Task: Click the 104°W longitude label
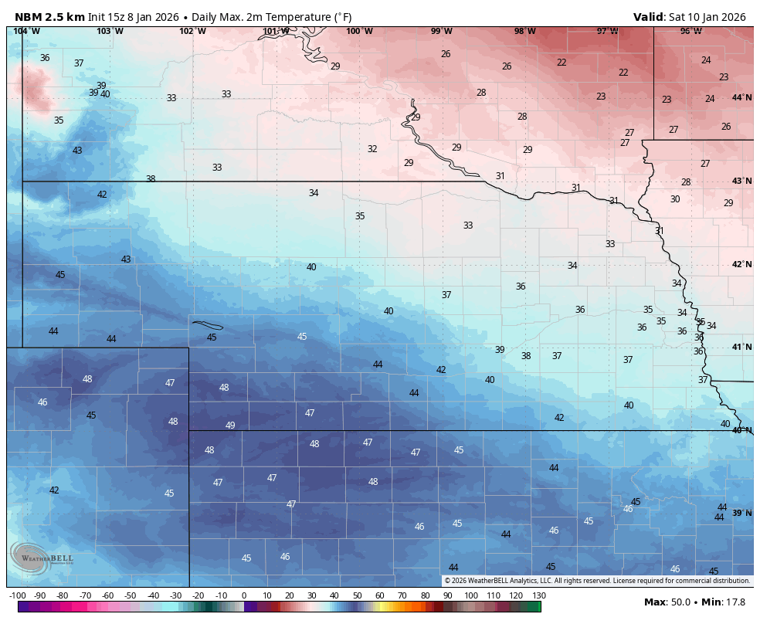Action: pyautogui.click(x=26, y=31)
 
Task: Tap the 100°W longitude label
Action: pyautogui.click(x=359, y=31)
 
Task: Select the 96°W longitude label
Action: pyautogui.click(x=690, y=31)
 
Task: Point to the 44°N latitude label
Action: pyautogui.click(x=741, y=97)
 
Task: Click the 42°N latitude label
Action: pyautogui.click(x=741, y=264)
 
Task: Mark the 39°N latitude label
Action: pyautogui.click(x=741, y=513)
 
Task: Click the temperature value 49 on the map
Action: pyautogui.click(x=230, y=426)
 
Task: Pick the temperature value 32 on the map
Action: pyautogui.click(x=372, y=149)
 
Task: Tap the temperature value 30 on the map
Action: pyautogui.click(x=675, y=199)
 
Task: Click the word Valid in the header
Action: pyautogui.click(x=648, y=17)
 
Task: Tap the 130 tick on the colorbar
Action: pyautogui.click(x=539, y=595)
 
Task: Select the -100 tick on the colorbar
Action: pyautogui.click(x=17, y=595)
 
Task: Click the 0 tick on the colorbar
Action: pyautogui.click(x=244, y=595)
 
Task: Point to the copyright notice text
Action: pyautogui.click(x=597, y=581)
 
